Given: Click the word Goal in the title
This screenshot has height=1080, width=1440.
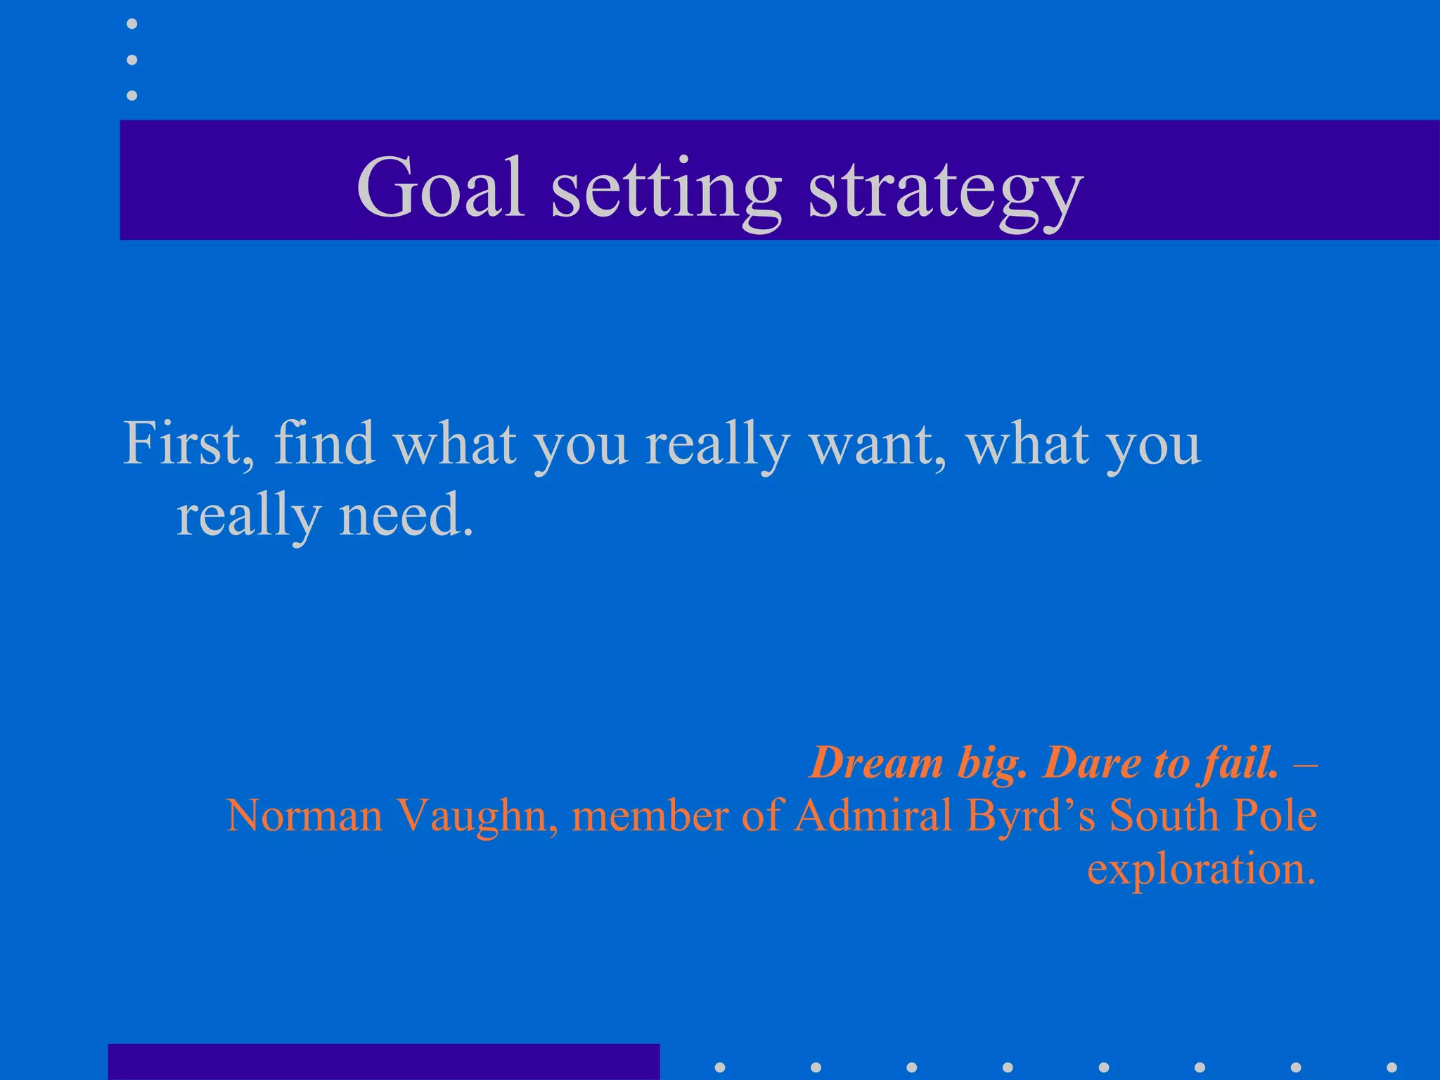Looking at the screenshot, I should [441, 188].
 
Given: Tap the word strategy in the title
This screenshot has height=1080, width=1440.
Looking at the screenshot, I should [945, 190].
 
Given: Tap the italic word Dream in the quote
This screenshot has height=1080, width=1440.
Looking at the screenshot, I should [875, 763].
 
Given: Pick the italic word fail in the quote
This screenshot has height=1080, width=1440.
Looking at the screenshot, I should [1239, 763].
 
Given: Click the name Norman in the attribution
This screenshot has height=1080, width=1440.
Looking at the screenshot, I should [304, 816].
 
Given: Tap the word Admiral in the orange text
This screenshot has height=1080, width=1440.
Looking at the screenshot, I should [873, 816].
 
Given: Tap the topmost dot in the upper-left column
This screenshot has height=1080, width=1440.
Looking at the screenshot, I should [131, 24].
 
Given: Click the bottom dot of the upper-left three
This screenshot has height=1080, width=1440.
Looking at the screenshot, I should [131, 95].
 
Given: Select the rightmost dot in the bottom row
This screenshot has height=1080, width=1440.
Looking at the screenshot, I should [1391, 1067].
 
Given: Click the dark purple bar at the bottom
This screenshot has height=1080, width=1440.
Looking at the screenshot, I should [383, 1062].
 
